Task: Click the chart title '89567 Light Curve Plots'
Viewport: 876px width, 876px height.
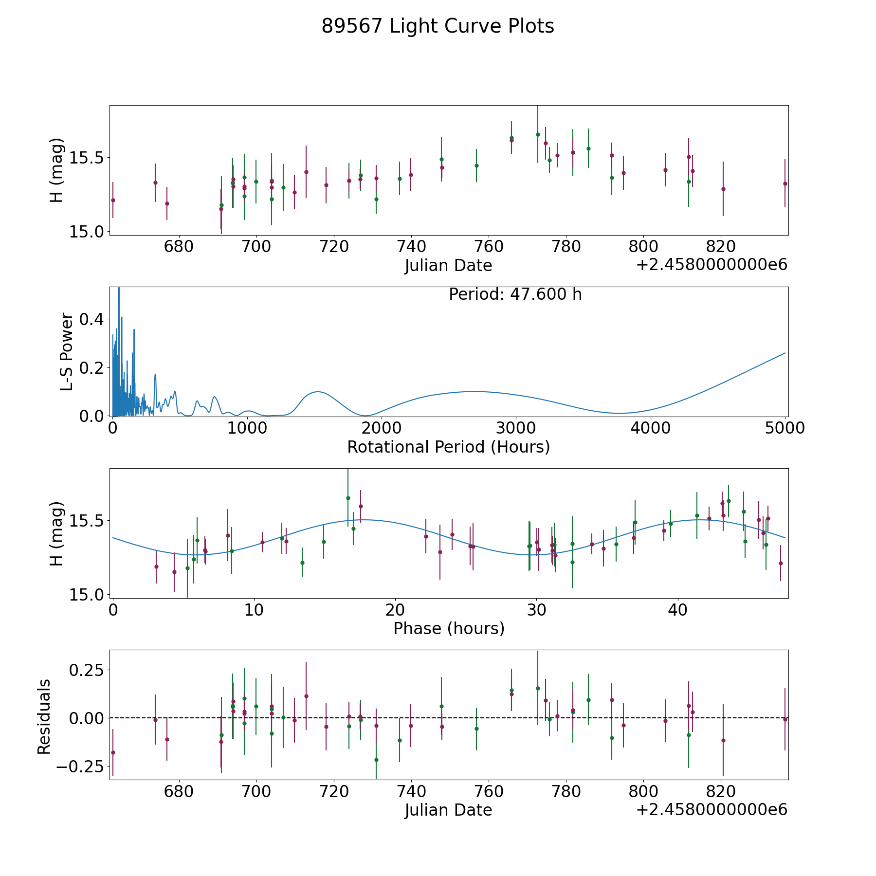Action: point(438,26)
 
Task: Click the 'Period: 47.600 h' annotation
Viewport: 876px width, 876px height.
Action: point(515,294)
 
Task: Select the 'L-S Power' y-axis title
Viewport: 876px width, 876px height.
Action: point(67,352)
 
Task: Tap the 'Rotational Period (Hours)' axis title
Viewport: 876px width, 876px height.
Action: point(448,447)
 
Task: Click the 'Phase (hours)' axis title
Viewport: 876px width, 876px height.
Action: point(449,628)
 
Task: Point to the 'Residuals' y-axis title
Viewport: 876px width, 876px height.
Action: point(44,716)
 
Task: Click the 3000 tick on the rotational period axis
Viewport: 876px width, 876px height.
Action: point(515,428)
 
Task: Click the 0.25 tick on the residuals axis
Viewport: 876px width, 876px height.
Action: point(87,670)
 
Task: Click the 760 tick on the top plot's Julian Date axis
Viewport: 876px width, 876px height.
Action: point(489,246)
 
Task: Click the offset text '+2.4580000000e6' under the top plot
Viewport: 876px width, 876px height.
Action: point(712,265)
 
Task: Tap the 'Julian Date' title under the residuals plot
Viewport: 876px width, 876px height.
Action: point(448,810)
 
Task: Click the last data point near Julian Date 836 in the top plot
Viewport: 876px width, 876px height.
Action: point(785,183)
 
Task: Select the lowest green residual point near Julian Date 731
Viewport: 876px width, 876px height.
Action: point(376,760)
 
